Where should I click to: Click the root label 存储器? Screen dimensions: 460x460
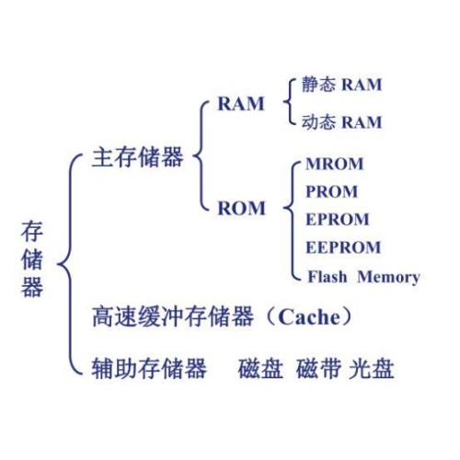pos(32,259)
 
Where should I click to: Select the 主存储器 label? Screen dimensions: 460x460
pos(138,157)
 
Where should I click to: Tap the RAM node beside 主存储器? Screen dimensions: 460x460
pos(241,103)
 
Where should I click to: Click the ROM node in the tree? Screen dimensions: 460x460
pos(241,208)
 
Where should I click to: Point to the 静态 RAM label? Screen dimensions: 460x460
pos(341,85)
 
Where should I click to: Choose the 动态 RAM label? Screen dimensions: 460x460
pos(341,121)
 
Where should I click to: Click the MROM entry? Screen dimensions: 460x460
pos(335,164)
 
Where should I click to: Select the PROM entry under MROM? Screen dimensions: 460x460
pos(332,191)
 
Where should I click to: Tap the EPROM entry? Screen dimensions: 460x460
pos(338,219)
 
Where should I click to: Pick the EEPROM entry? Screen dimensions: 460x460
pos(343,247)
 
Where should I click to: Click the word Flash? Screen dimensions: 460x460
pos(328,277)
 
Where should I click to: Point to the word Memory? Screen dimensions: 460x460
pos(388,277)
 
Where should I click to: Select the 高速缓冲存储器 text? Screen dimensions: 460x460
pos(173,316)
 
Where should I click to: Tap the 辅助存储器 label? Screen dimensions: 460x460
pos(149,368)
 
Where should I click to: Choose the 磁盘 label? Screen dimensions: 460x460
pos(260,368)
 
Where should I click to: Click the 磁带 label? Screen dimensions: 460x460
pos(318,368)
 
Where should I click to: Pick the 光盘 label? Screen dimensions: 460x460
pos(372,368)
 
